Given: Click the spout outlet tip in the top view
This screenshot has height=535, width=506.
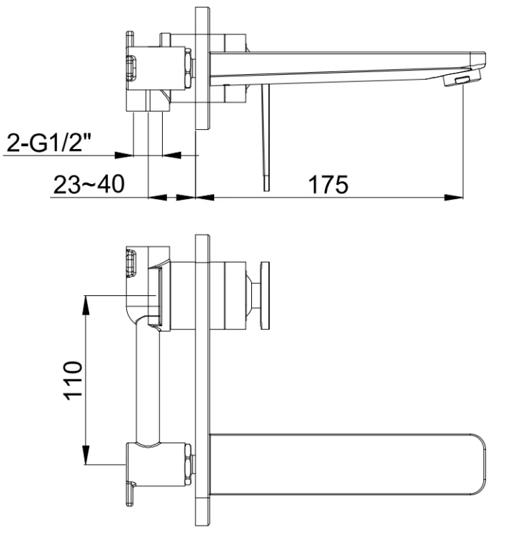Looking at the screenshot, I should click(x=462, y=80).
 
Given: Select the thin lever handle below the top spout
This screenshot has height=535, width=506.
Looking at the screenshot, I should click(x=265, y=136).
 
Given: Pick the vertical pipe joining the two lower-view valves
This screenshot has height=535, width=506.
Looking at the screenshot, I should click(x=146, y=382).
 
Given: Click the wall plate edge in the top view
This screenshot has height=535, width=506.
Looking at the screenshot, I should click(x=202, y=68).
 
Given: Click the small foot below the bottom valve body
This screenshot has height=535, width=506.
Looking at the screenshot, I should click(x=133, y=492).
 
